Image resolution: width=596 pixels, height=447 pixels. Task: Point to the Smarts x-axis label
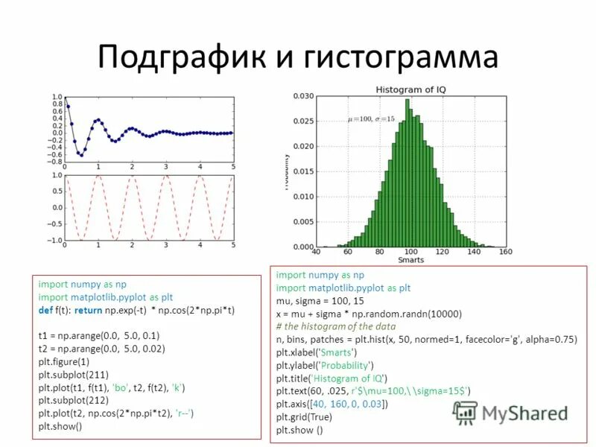point(410,260)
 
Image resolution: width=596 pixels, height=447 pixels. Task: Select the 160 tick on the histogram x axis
point(506,252)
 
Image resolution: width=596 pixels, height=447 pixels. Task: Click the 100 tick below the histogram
point(410,252)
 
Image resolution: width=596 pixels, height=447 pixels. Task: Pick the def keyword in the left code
point(45,309)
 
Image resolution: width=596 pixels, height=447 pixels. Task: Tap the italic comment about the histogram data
point(339,326)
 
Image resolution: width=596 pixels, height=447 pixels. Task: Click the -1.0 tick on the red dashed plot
point(54,241)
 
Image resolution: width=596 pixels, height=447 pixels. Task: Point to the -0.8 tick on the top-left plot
point(54,161)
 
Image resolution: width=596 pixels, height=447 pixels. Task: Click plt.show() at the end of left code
point(60,427)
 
